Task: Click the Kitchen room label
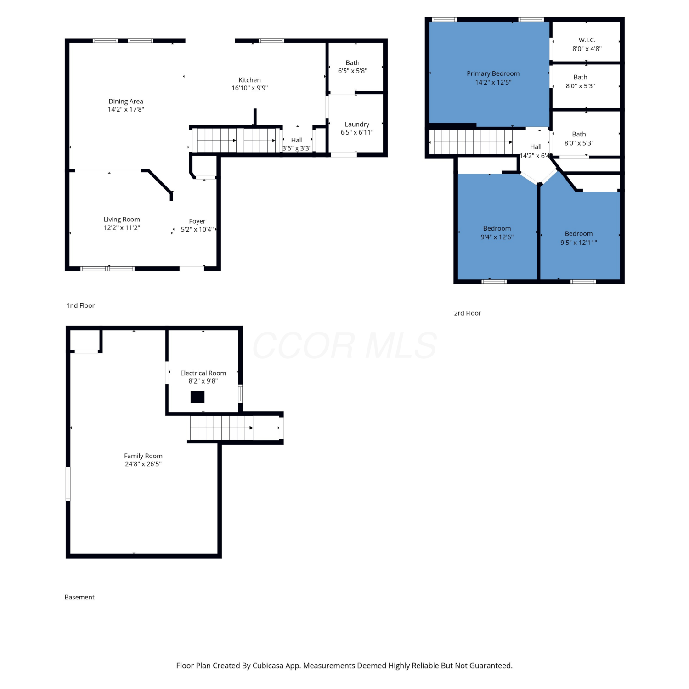pos(249,80)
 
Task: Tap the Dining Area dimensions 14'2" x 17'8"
pos(126,109)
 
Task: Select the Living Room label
pos(122,220)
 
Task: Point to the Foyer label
pos(197,221)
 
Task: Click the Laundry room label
pos(357,124)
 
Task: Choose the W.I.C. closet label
pos(587,40)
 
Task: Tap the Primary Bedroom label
pos(493,73)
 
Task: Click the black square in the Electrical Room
pos(198,397)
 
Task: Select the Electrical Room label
pos(203,373)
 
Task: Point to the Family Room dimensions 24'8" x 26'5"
pos(143,464)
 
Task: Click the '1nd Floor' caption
pos(80,305)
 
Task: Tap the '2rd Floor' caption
pos(468,313)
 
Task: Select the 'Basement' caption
pos(79,597)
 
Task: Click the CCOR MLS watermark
pos(344,345)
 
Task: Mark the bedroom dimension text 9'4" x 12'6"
pos(497,237)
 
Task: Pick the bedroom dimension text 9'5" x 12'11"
pos(579,243)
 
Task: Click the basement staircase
pos(221,428)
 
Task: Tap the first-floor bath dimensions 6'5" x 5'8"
pos(353,71)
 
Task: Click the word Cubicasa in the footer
pos(268,666)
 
